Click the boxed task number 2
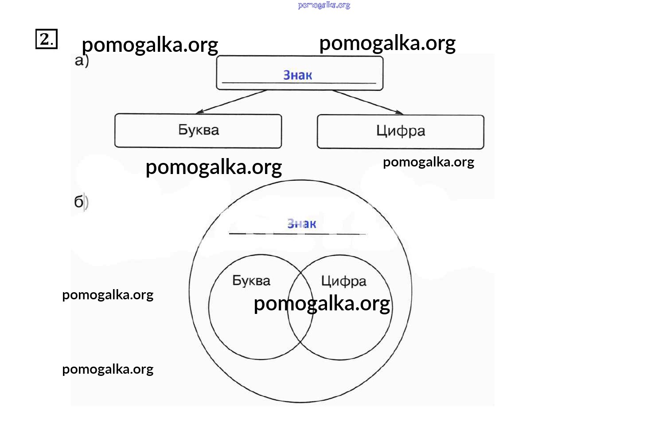(46, 39)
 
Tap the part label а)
(82, 61)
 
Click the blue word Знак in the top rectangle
(298, 75)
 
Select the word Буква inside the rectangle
(199, 130)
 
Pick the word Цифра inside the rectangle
(401, 131)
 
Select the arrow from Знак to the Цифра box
(368, 102)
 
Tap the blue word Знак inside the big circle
(302, 224)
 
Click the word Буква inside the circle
(251, 281)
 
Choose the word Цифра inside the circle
(343, 281)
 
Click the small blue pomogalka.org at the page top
(324, 5)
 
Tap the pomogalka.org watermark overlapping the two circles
(322, 304)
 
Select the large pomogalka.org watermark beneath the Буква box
(214, 167)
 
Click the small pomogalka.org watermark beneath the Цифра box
(429, 162)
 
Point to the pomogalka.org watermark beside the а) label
(150, 45)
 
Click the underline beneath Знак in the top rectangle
(299, 83)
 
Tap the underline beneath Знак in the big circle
(298, 233)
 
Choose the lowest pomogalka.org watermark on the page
(108, 369)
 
